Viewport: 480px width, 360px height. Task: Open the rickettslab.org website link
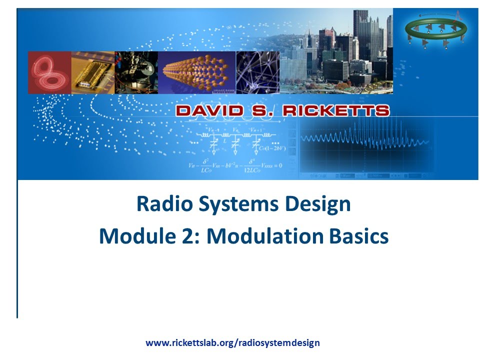pyautogui.click(x=232, y=343)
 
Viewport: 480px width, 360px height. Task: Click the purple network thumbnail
pyautogui.click(x=257, y=72)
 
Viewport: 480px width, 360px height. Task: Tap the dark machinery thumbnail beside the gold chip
pyautogui.click(x=136, y=72)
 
